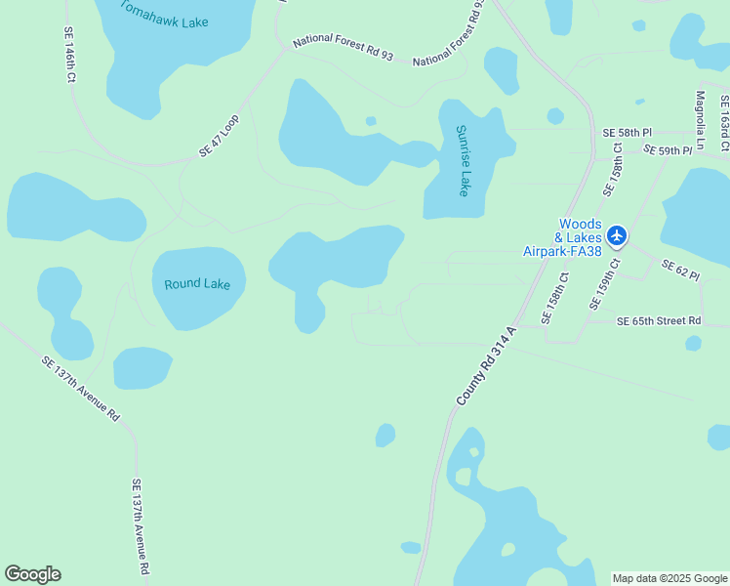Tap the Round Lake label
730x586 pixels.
197,284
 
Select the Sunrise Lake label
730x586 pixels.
464,160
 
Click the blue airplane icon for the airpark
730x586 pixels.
617,235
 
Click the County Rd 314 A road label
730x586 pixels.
486,366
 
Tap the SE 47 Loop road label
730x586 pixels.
220,136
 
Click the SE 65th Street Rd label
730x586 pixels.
659,320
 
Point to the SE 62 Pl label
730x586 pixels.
680,271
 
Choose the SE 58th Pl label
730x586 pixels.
627,132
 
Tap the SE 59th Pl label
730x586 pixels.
668,150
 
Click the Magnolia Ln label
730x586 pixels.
700,116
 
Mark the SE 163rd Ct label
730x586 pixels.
724,122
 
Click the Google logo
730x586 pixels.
32,574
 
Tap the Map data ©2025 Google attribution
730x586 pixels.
669,578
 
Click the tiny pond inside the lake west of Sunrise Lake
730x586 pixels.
371,121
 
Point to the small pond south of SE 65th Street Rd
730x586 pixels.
693,343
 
